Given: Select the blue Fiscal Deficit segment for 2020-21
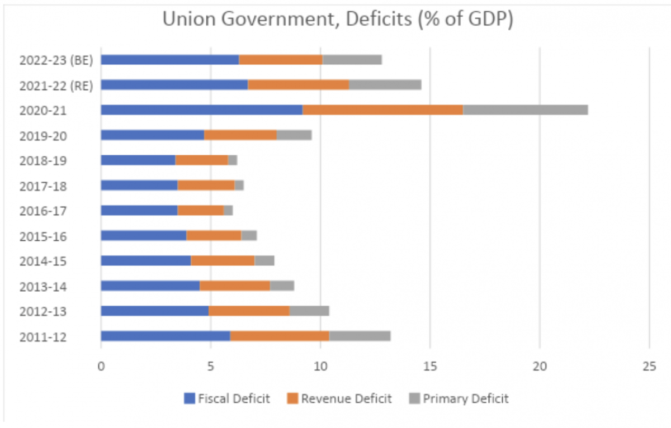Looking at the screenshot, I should pyautogui.click(x=201, y=110).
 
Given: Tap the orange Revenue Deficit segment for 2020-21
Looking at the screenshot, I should pyautogui.click(x=382, y=110).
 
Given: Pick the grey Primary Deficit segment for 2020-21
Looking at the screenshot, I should pyautogui.click(x=525, y=110).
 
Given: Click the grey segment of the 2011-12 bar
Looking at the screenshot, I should pyautogui.click(x=360, y=336).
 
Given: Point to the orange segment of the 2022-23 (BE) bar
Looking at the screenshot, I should pyautogui.click(x=281, y=60).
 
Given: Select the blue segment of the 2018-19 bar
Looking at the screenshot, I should pyautogui.click(x=138, y=160).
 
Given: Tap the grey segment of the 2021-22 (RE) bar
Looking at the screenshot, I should pyautogui.click(x=385, y=85).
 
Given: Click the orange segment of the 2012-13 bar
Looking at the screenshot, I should pyautogui.click(x=249, y=311).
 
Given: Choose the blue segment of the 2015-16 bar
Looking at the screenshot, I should pyautogui.click(x=144, y=236).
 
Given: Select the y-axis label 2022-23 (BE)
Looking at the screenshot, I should pyautogui.click(x=56, y=60).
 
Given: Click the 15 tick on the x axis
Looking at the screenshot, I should pyautogui.click(x=429, y=367).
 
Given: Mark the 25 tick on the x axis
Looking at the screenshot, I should pyautogui.click(x=649, y=367).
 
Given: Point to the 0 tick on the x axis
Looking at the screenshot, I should pyautogui.click(x=101, y=367).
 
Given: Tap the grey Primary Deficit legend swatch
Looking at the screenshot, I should pyautogui.click(x=414, y=398).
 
